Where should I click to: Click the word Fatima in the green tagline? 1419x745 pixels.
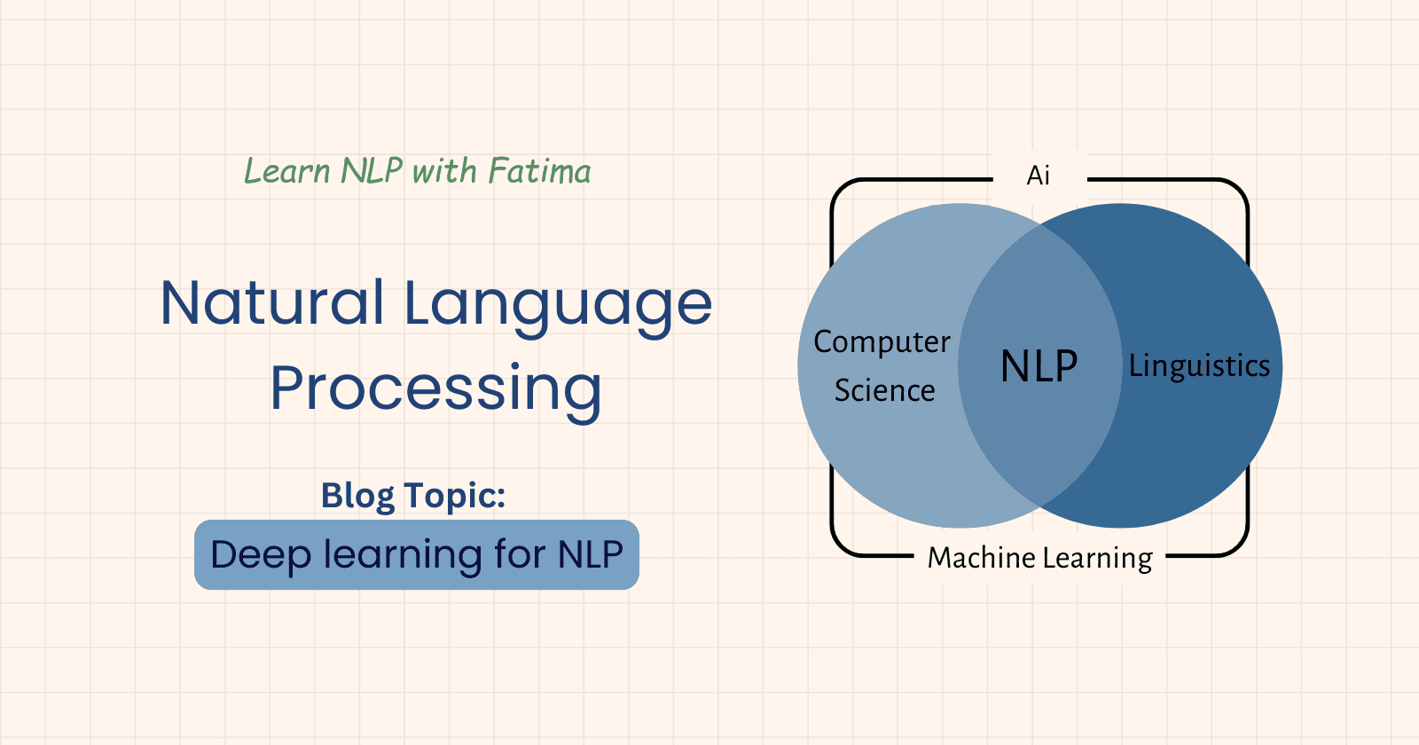point(539,171)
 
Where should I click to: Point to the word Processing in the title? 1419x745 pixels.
point(435,389)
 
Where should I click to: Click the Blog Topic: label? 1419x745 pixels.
point(413,496)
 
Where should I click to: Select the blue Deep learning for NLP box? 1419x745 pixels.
point(417,555)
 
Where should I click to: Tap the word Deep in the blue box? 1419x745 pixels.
point(261,555)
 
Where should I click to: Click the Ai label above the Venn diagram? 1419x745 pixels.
point(1039,176)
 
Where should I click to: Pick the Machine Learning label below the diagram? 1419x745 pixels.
point(1039,558)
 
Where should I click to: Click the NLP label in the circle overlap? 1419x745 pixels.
point(1039,365)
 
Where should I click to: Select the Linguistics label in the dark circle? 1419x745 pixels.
point(1199,366)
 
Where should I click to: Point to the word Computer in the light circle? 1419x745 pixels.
point(882,342)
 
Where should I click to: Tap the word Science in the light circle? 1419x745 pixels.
point(884,390)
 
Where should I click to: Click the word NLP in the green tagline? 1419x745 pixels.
point(372,171)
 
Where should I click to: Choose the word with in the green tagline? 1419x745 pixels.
point(444,171)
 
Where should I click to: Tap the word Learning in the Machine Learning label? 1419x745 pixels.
point(1097,559)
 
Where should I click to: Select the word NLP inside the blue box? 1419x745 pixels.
point(590,555)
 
